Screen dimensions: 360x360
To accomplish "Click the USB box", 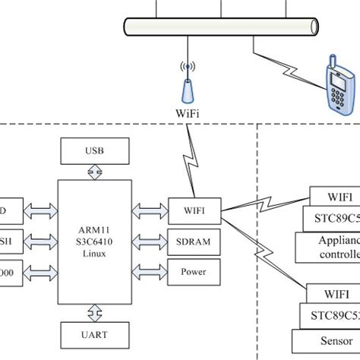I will [x=90, y=150].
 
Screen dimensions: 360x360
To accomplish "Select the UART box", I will [x=90, y=333].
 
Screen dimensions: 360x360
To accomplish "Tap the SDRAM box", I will [x=194, y=242].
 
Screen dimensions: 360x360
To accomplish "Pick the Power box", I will [x=194, y=271].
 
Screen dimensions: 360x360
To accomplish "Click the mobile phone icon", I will [x=332, y=84].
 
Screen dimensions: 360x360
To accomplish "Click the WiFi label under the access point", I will [x=187, y=114].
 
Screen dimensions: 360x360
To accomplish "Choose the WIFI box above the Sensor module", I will [x=334, y=293].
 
